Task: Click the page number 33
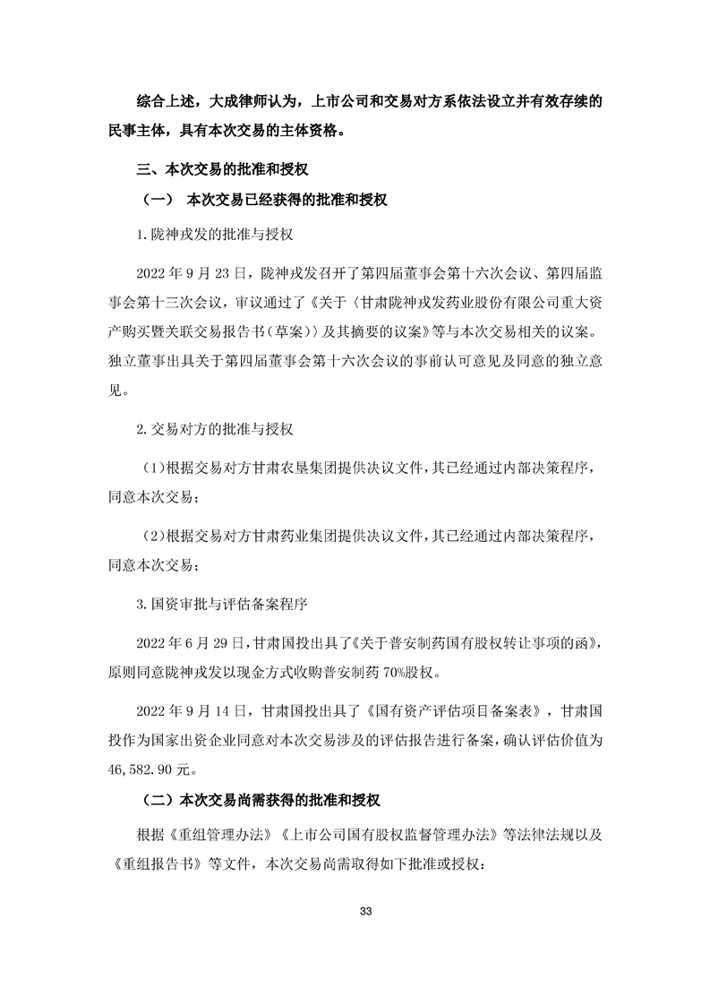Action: (x=364, y=911)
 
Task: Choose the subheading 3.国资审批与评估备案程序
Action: (x=222, y=605)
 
